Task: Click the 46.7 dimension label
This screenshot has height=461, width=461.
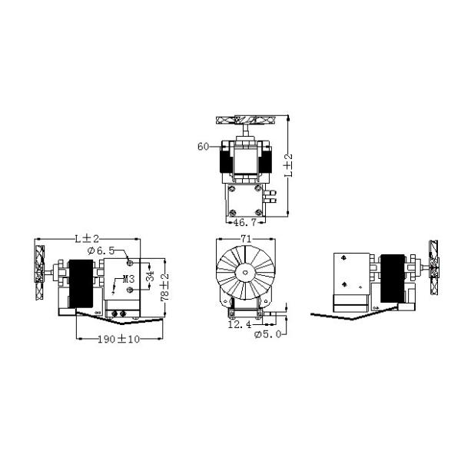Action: (x=245, y=222)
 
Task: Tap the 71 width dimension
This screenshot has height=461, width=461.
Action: (x=246, y=239)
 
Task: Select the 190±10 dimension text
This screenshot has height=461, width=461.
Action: (x=119, y=339)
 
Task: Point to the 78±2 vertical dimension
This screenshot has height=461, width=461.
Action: (x=164, y=287)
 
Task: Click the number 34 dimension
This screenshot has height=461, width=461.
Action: (x=150, y=276)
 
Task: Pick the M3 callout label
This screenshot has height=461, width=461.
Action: (x=128, y=279)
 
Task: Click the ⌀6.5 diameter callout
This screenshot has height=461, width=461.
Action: (x=101, y=250)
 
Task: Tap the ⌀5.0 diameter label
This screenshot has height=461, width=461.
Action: (x=268, y=334)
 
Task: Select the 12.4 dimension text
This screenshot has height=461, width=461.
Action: (x=240, y=324)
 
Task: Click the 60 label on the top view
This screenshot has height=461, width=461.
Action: (x=203, y=146)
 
